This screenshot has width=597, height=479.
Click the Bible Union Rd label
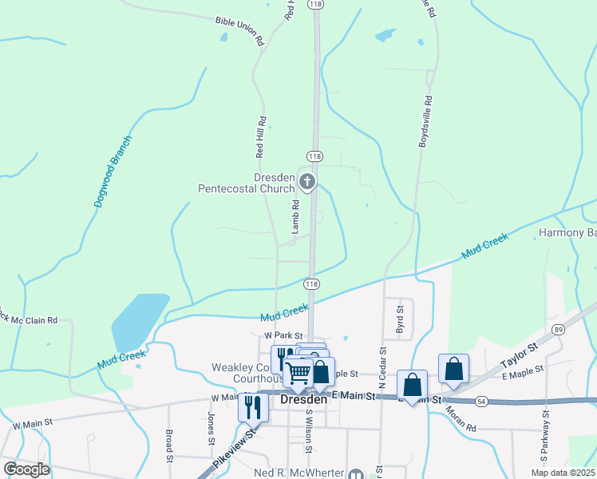pyautogui.click(x=239, y=30)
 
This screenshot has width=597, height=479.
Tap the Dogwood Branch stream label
pyautogui.click(x=112, y=172)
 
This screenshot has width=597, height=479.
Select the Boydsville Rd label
pyautogui.click(x=425, y=121)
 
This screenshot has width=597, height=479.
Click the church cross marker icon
pyautogui.click(x=307, y=183)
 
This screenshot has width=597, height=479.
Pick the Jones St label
pyautogui.click(x=211, y=429)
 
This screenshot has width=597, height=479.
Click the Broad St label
pyautogui.click(x=169, y=446)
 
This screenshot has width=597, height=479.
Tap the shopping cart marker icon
pyautogui.click(x=298, y=371)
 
